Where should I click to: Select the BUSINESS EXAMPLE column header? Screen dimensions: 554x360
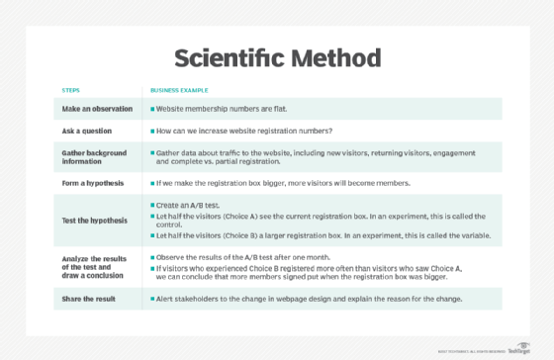click(179, 88)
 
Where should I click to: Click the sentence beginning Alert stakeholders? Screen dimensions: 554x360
click(323, 298)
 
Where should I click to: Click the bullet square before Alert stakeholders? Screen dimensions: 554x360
click(151, 298)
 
